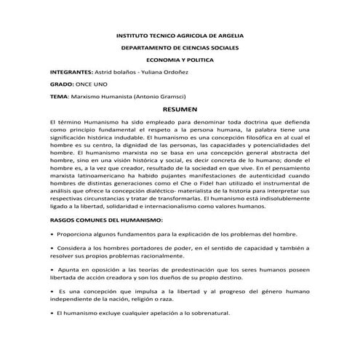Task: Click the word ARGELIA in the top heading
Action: (x=228, y=36)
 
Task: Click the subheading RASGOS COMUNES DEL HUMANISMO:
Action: (x=105, y=219)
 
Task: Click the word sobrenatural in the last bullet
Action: (x=205, y=313)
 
